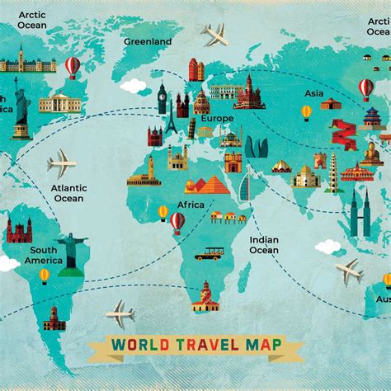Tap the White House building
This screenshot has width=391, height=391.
56,102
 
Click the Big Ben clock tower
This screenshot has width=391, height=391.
163,98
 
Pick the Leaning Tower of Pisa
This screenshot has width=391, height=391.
191,129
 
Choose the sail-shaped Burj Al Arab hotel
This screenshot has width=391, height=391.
245,188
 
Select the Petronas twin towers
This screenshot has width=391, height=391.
359,214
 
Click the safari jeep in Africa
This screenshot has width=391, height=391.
209,253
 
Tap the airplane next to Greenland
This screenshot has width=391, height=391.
216,35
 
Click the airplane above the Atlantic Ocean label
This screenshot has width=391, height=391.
61,163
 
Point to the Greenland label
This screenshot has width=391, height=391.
148,41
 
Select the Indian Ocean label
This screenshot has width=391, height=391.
264,245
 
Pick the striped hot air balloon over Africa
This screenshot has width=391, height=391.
177,220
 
